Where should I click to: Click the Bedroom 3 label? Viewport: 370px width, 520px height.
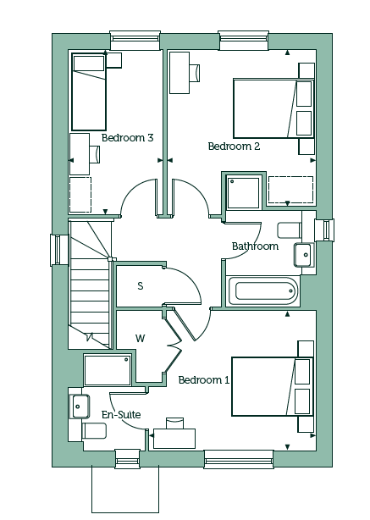point(127,138)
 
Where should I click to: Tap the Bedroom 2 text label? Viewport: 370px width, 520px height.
point(234,147)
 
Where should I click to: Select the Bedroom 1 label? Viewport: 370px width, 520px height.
point(204,379)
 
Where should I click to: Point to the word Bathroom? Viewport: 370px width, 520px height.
point(255,246)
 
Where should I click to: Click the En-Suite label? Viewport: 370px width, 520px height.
point(121,414)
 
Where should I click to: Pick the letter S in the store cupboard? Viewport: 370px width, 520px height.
point(141,285)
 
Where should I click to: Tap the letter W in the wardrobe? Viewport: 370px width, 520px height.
point(141,338)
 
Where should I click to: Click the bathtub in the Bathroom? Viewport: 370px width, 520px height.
point(263,291)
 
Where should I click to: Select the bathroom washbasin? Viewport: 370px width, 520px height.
point(304,255)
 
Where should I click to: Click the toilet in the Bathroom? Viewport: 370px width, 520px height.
point(289,230)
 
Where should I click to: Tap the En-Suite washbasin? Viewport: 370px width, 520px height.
point(80,407)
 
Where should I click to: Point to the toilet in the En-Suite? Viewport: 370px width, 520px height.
point(94,430)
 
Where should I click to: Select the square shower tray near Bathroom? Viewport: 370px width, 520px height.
point(243,193)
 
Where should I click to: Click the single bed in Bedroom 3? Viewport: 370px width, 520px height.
point(89,91)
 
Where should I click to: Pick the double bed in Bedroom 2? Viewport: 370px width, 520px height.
point(273,108)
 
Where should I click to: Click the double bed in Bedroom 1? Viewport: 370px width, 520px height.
point(273,386)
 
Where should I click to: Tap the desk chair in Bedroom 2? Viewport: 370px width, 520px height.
point(196,72)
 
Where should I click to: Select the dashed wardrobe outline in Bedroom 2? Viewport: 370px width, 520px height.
point(290,190)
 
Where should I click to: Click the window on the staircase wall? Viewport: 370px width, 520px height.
point(55,250)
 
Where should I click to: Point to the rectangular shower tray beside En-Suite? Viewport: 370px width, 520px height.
point(108,370)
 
